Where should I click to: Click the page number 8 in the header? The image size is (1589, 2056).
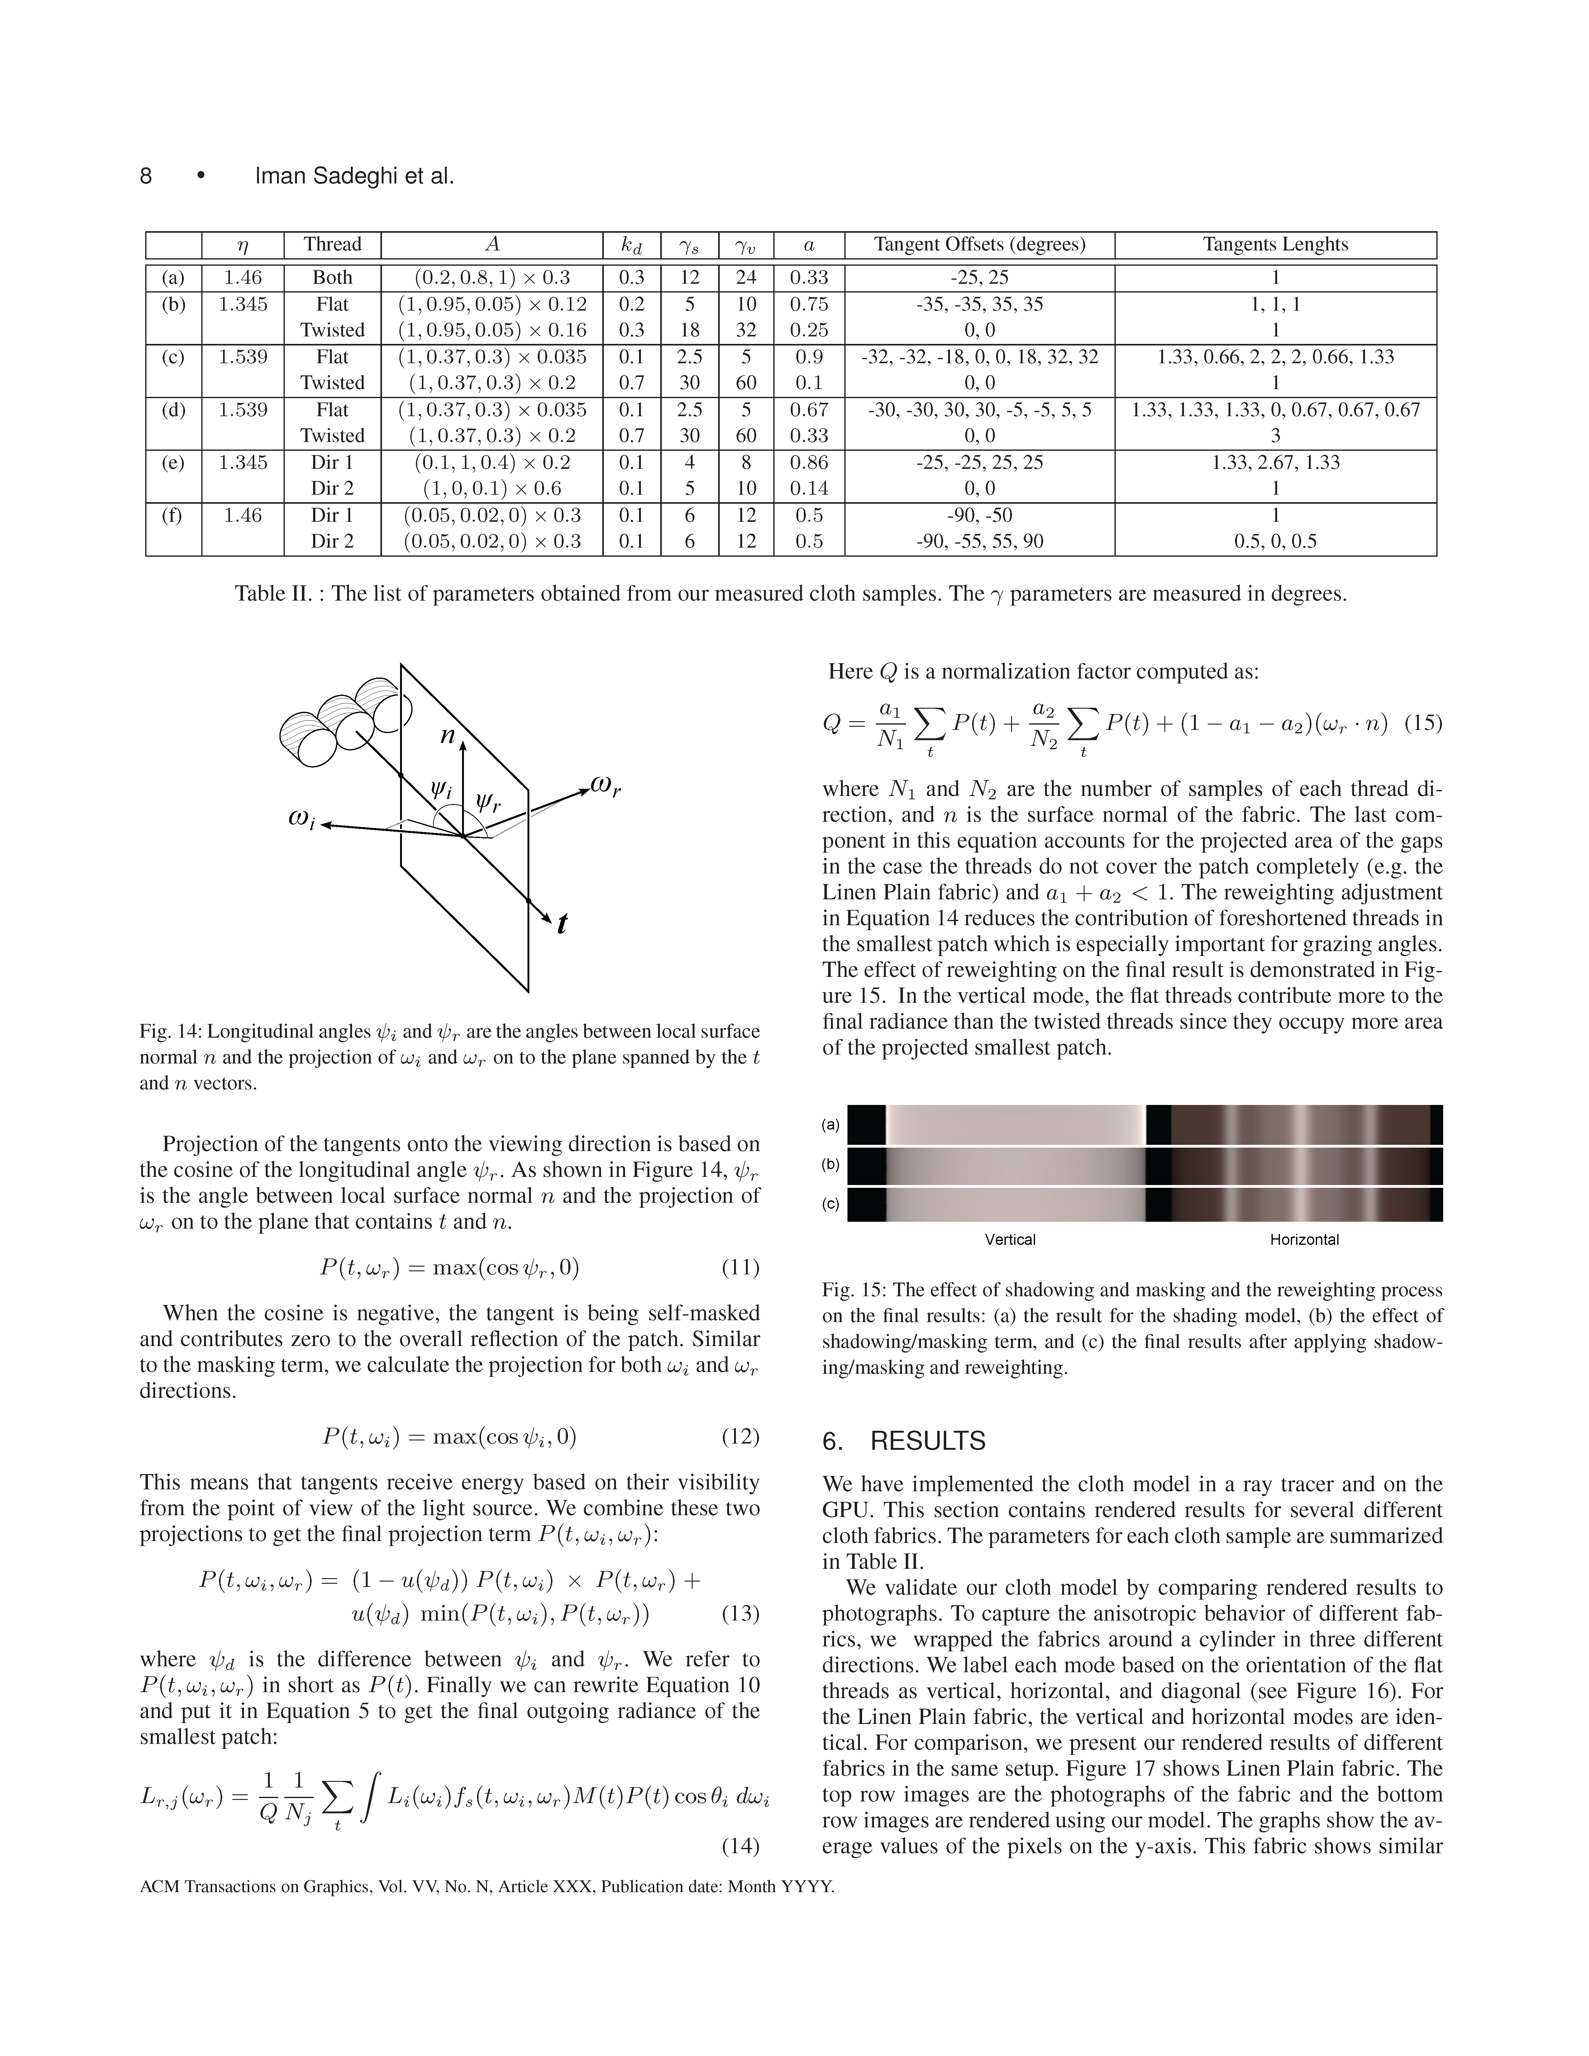(x=146, y=176)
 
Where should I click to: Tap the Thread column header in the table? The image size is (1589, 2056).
(x=332, y=245)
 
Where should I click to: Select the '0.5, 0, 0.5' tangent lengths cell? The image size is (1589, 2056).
(x=1276, y=541)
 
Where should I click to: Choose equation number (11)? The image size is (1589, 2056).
(x=740, y=1267)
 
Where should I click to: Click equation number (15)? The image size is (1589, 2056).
(x=1422, y=723)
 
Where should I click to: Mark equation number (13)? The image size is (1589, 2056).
(x=740, y=1614)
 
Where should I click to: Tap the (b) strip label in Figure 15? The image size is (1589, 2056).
(x=830, y=1164)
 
